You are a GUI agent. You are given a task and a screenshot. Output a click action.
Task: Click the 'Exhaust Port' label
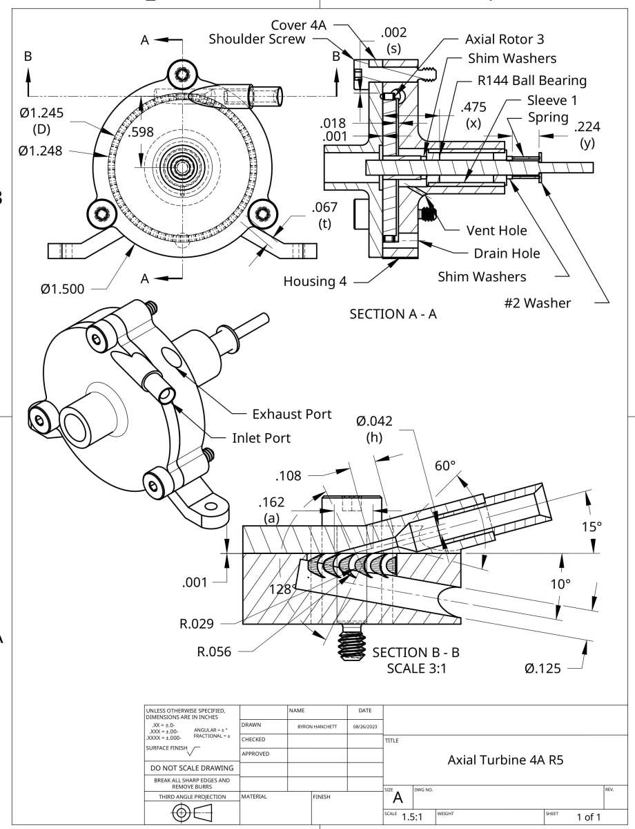(x=292, y=414)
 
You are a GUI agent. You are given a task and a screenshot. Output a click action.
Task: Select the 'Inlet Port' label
(x=261, y=438)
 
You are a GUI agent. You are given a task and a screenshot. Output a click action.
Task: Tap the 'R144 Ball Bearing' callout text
(x=531, y=80)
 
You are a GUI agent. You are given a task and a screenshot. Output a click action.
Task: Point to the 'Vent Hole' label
(x=497, y=230)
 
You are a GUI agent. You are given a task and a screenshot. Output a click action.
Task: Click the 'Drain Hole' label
(x=507, y=254)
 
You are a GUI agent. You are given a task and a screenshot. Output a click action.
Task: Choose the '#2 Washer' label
(x=538, y=303)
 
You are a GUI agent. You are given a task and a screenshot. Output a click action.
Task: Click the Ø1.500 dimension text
(x=63, y=289)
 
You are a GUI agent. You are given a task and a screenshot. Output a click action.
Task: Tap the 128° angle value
(x=283, y=589)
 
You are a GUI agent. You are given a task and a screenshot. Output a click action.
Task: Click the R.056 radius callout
(x=215, y=650)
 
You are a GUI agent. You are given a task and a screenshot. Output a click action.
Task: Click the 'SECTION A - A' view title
(x=393, y=314)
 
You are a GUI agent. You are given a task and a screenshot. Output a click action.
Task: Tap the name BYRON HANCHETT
(x=317, y=727)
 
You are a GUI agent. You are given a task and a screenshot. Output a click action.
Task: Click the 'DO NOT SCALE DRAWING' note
(x=192, y=768)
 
